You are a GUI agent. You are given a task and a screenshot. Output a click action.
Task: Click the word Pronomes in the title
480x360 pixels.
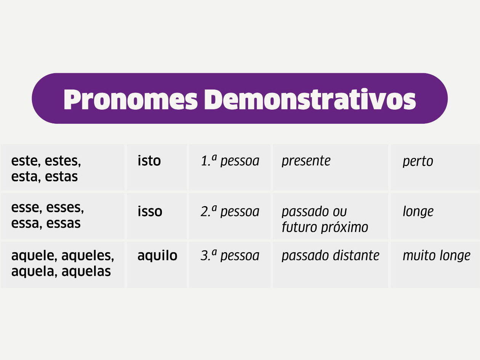pyautogui.click(x=131, y=99)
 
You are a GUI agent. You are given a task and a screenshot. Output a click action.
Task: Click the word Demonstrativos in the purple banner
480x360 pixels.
pyautogui.click(x=310, y=99)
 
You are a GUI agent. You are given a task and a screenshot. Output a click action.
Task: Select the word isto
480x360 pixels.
pyautogui.click(x=149, y=161)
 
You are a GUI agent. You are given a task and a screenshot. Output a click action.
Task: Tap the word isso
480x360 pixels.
pyautogui.click(x=150, y=211)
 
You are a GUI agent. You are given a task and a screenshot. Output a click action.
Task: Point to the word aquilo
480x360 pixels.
pyautogui.click(x=157, y=256)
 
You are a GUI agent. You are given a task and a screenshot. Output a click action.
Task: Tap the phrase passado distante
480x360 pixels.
pyautogui.click(x=330, y=256)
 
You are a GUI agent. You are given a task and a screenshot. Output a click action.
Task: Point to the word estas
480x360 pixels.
pyautogui.click(x=61, y=177)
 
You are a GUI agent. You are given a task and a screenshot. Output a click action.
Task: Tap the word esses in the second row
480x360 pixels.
pyautogui.click(x=65, y=208)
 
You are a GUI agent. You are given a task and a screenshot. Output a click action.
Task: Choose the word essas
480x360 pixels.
pyautogui.click(x=63, y=223)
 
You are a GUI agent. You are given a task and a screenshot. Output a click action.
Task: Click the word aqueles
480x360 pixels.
pyautogui.click(x=88, y=256)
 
